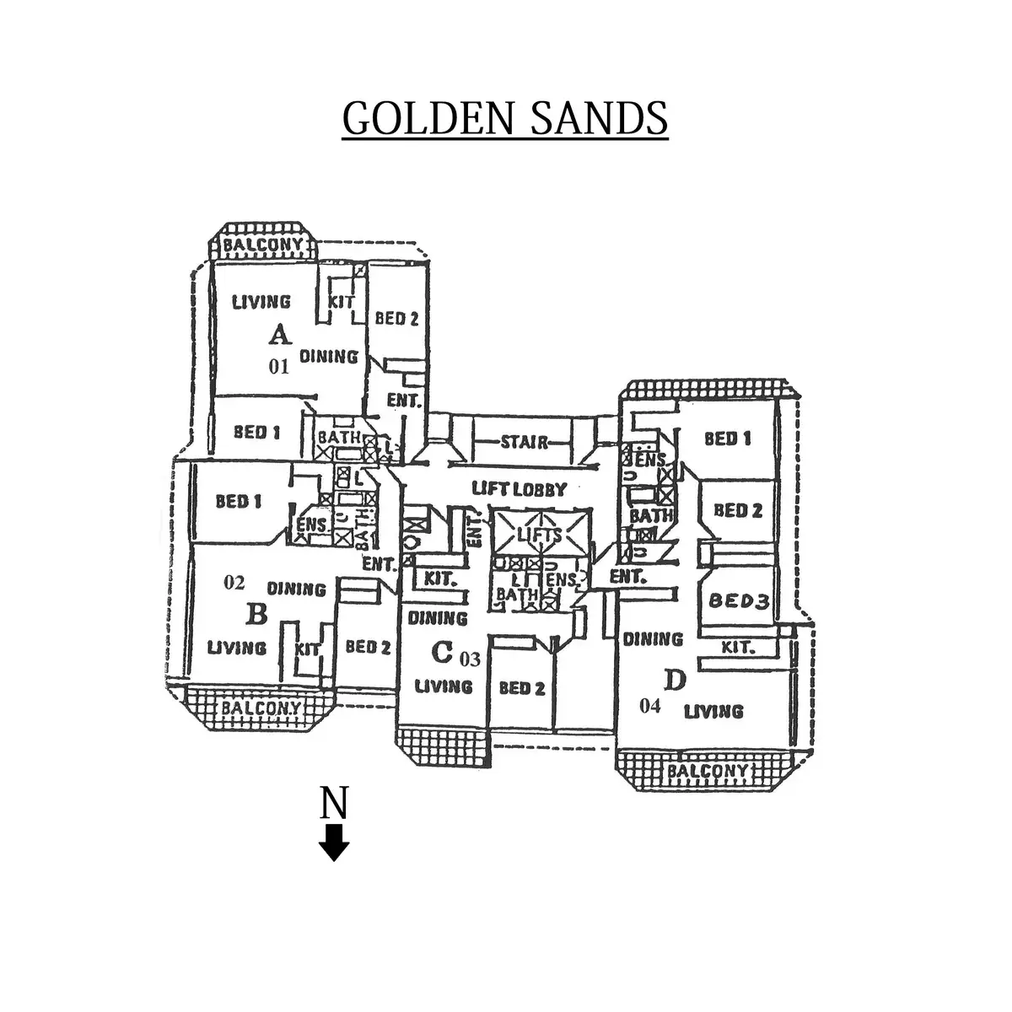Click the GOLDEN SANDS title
click(505, 118)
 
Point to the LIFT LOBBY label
click(519, 488)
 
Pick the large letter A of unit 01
click(280, 336)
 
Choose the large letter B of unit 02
click(256, 615)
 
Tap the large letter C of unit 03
click(441, 651)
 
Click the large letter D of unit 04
click(675, 679)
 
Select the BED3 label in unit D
click(738, 601)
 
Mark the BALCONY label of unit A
click(262, 245)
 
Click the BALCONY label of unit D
click(707, 771)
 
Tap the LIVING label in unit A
click(261, 301)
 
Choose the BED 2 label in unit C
click(522, 688)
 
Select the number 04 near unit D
click(650, 707)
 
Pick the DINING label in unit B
click(296, 588)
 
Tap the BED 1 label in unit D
click(727, 439)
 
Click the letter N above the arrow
click(335, 804)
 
